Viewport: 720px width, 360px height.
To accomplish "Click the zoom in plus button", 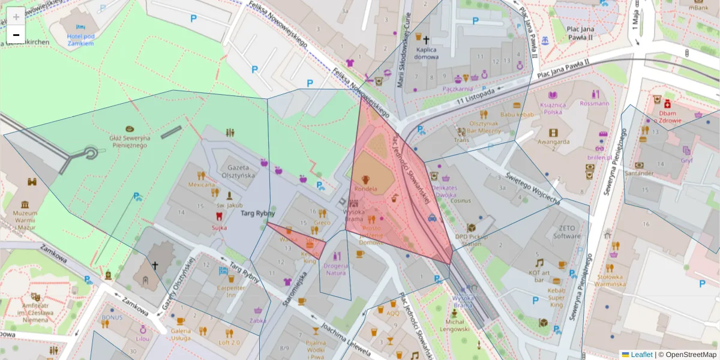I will point(16,16).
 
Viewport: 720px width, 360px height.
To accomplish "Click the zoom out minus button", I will point(16,35).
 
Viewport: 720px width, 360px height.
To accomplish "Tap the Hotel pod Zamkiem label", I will point(80,40).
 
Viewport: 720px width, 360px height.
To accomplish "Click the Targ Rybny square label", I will point(257,213).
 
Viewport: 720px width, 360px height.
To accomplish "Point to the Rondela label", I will point(365,189).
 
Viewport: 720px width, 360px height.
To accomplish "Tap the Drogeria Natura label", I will point(335,269).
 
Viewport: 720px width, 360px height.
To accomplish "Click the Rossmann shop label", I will point(594,103).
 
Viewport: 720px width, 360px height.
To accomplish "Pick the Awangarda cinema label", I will point(553,142).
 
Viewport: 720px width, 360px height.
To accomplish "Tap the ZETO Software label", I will point(570,232).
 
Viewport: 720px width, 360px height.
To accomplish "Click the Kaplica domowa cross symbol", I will point(426,40).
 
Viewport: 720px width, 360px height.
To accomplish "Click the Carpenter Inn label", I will point(230,291).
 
